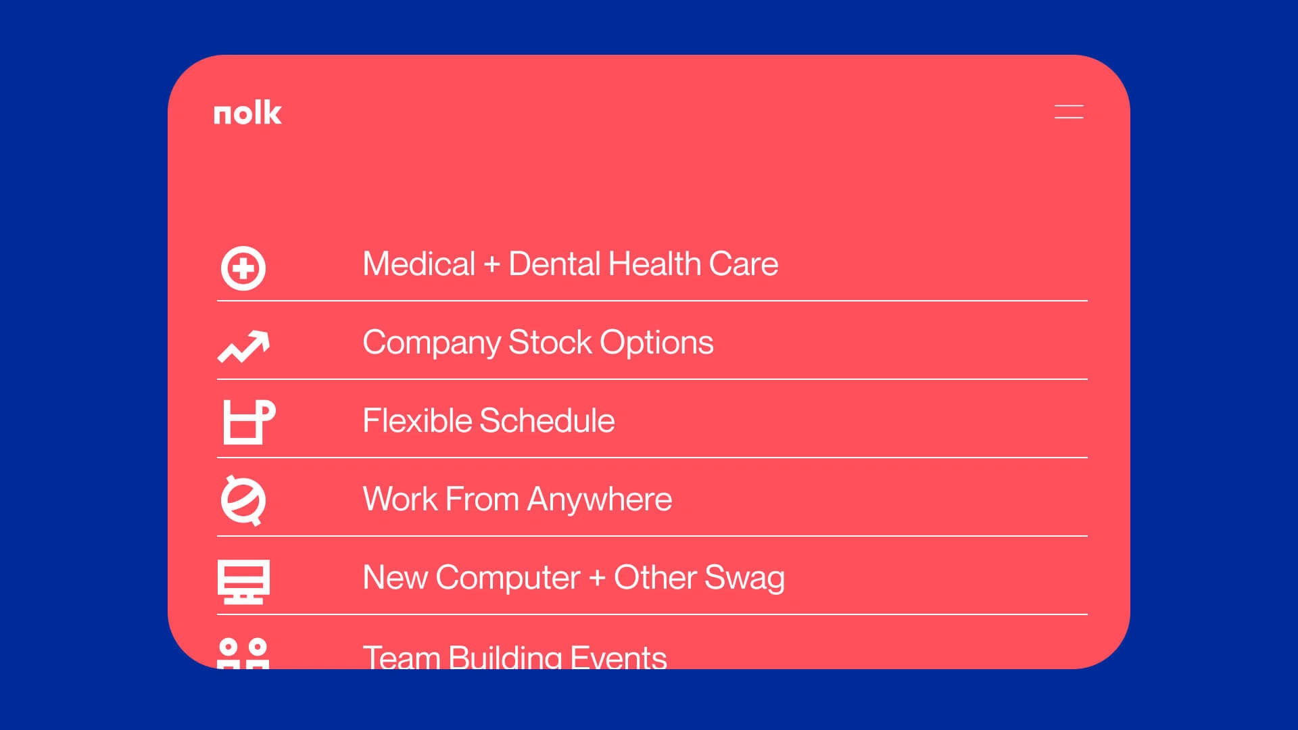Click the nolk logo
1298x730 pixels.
point(247,113)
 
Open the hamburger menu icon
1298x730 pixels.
point(1069,112)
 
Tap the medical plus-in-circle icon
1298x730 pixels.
point(243,268)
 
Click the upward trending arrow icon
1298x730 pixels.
point(243,346)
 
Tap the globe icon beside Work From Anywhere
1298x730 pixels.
point(243,500)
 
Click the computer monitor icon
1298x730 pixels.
point(243,581)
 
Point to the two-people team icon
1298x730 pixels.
point(243,654)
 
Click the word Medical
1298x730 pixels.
point(419,264)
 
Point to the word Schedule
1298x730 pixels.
point(547,420)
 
